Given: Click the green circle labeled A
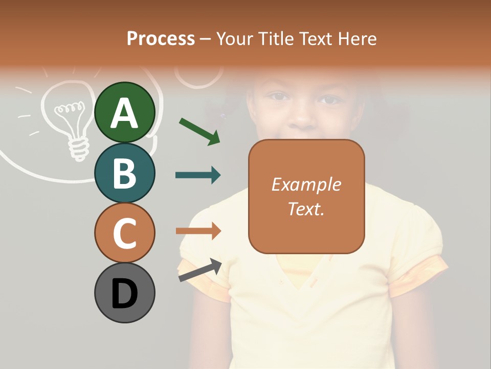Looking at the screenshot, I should click(124, 112).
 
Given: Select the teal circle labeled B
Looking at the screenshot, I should click(124, 173).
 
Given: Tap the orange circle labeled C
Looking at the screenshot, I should click(124, 233).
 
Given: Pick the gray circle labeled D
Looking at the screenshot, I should click(124, 293).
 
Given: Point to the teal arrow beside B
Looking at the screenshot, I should click(198, 175).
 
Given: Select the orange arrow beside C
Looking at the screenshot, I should click(198, 231).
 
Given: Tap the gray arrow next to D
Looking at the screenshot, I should click(199, 270).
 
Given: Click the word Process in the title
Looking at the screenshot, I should click(161, 38).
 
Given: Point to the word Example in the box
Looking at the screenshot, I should click(306, 184).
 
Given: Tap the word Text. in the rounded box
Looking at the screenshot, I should click(306, 209).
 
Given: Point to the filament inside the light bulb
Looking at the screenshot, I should click(69, 109).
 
